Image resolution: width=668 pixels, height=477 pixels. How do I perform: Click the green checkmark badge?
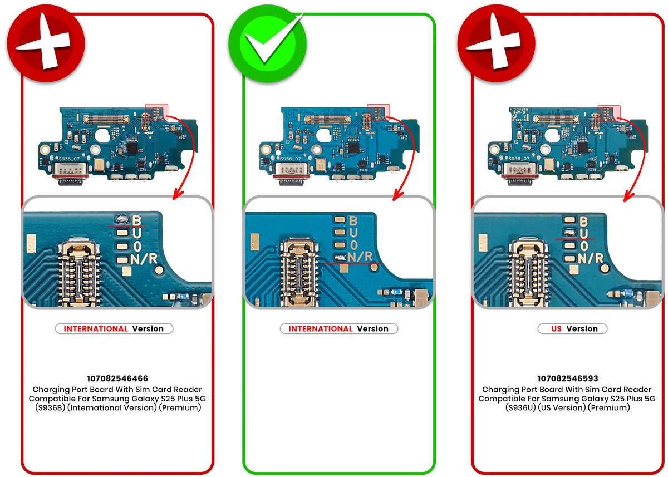tap(267, 45)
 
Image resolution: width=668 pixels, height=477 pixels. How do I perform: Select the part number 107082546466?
tap(117, 378)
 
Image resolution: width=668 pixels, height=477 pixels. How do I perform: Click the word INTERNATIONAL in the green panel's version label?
tap(321, 329)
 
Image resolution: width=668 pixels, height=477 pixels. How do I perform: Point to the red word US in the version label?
tap(556, 329)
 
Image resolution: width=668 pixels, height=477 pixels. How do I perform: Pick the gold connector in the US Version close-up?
tap(527, 271)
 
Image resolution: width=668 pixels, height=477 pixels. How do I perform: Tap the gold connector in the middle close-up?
tap(301, 272)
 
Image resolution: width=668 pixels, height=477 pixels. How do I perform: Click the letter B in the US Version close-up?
tap(584, 221)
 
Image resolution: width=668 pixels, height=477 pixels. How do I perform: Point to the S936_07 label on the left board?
tap(70, 159)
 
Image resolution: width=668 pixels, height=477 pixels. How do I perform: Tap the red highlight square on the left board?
tap(156, 112)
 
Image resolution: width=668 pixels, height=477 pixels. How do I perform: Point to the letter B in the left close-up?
tap(136, 221)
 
